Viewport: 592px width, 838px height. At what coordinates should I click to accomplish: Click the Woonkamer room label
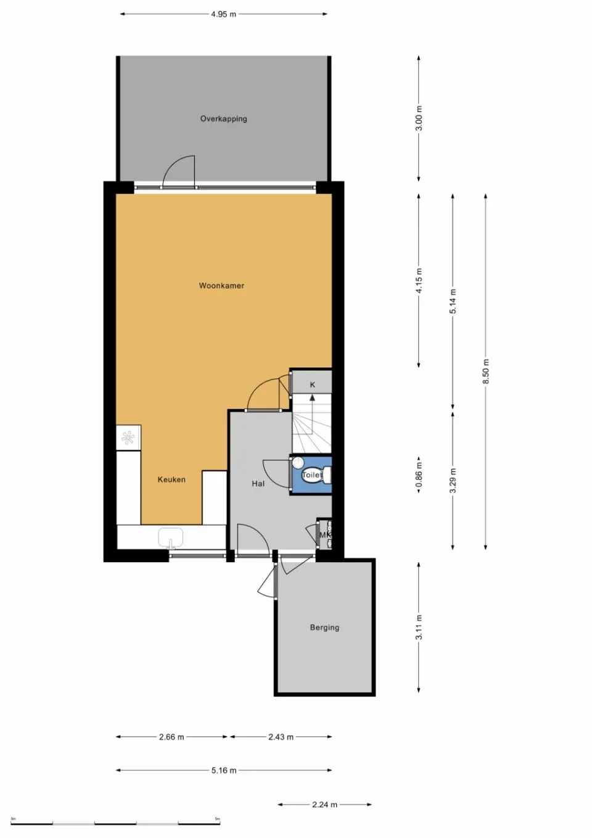pos(221,286)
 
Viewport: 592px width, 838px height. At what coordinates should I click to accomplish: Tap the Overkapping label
pos(223,118)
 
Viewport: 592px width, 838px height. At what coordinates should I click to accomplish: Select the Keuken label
pos(171,479)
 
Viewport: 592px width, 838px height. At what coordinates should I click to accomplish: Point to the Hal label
pos(258,484)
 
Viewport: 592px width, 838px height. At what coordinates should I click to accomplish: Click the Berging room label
pos(324,628)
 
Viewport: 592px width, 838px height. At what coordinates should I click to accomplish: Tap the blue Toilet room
pos(311,475)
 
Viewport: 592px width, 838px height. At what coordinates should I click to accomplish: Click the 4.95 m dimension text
pos(223,14)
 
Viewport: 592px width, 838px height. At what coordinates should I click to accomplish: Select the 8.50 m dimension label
pos(486,371)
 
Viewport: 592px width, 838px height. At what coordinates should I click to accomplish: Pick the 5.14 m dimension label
pos(453,301)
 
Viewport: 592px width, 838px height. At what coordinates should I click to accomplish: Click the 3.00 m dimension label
pos(419,118)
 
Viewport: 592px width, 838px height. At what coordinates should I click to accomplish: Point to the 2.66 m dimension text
pos(171,737)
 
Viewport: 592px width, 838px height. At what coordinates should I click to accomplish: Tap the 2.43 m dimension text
pos(281,737)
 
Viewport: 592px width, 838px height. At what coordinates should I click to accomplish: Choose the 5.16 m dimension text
pos(223,771)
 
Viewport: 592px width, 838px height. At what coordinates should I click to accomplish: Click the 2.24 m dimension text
pos(324,805)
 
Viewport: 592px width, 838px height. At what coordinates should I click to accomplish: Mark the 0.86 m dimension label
pos(419,475)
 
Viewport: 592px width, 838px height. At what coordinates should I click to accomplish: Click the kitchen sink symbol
pos(171,538)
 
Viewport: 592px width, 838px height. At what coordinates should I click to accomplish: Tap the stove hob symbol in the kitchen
pos(128,438)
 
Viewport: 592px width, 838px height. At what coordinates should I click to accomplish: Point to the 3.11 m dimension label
pos(419,628)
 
